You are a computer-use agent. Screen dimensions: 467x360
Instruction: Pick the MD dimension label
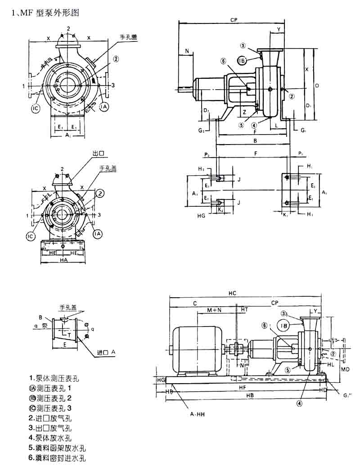(345, 369)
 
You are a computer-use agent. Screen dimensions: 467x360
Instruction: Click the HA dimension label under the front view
(63, 260)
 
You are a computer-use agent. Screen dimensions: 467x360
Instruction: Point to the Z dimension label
(243, 111)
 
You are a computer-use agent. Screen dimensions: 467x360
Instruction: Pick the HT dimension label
(244, 310)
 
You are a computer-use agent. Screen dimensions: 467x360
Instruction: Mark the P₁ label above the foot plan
(301, 154)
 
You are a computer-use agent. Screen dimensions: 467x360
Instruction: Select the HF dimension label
(242, 387)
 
